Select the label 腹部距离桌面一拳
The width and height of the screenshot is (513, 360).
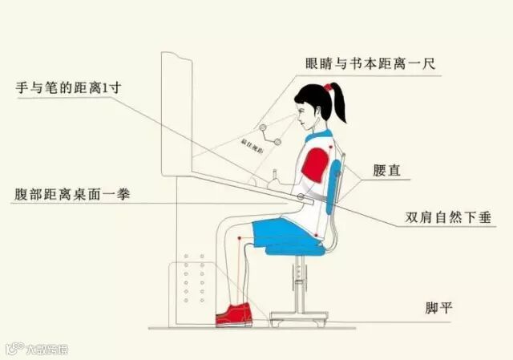click(73, 194)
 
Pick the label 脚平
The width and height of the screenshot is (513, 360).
click(438, 308)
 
